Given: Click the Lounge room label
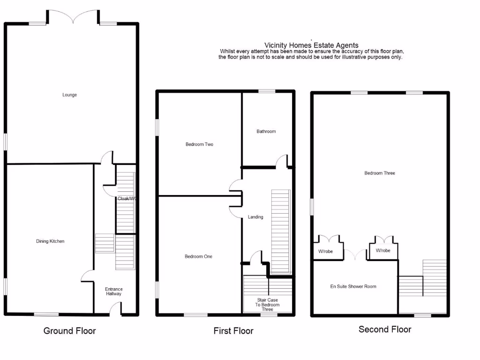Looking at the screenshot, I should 69,95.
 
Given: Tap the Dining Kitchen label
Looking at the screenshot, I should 50,241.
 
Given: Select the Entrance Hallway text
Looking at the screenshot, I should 113,291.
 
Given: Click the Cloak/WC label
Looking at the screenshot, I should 127,199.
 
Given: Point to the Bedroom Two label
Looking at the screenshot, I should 199,144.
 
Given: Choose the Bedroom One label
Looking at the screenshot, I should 198,256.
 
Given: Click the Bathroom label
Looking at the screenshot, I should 266,132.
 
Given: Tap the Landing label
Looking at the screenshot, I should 255,217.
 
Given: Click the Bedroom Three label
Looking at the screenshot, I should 380,173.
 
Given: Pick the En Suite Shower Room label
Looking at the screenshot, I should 353,286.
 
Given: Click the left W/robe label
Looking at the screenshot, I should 325,251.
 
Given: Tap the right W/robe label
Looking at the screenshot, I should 383,251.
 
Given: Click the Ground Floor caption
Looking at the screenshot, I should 69,331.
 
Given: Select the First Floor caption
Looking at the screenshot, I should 233,331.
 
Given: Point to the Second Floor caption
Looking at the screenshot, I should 385,330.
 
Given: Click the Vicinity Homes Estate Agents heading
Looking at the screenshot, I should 311,45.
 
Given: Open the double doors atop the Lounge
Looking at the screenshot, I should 72,17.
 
